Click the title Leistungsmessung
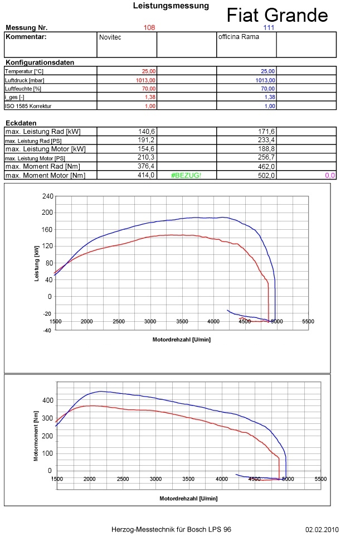(x=171, y=6)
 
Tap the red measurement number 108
(x=149, y=27)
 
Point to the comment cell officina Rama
(x=239, y=37)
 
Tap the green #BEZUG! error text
(x=186, y=176)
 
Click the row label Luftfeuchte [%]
(x=23, y=88)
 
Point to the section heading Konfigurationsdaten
(x=40, y=62)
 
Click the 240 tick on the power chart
(x=47, y=196)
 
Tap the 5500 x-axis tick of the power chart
(x=308, y=322)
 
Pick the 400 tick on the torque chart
(x=47, y=400)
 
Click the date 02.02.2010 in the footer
(x=322, y=529)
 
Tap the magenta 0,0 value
(x=329, y=176)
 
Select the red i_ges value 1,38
(x=150, y=96)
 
